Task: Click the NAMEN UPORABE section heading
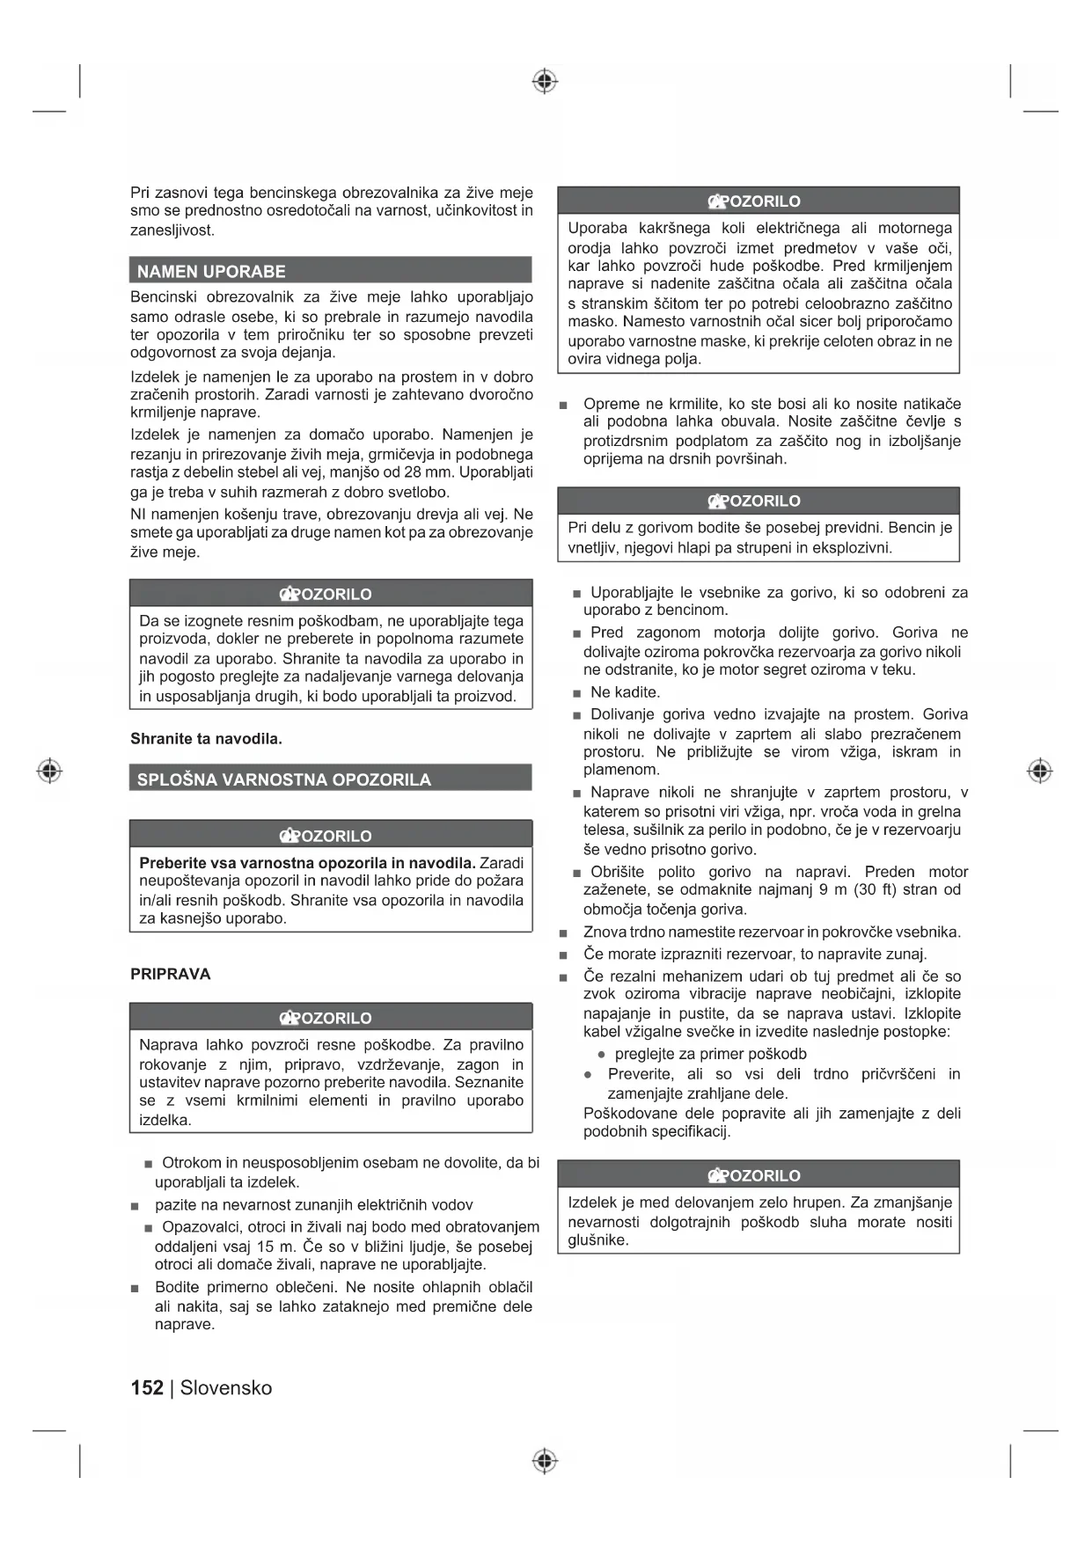[x=211, y=271]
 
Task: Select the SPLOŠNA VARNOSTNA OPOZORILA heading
[x=283, y=779]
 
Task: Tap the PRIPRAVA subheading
[x=171, y=974]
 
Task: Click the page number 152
[x=147, y=1387]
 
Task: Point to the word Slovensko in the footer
[x=226, y=1387]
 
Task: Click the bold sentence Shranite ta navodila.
[x=206, y=738]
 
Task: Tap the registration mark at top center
[x=545, y=81]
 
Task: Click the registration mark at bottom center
[x=545, y=1461]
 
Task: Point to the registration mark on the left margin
[x=49, y=771]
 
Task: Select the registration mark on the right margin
[x=1039, y=771]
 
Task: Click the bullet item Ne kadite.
[x=625, y=692]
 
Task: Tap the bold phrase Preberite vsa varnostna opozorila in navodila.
[x=307, y=862]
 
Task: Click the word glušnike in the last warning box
[x=597, y=1240]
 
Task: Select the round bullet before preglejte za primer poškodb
[x=602, y=1054]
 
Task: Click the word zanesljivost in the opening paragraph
[x=172, y=230]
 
